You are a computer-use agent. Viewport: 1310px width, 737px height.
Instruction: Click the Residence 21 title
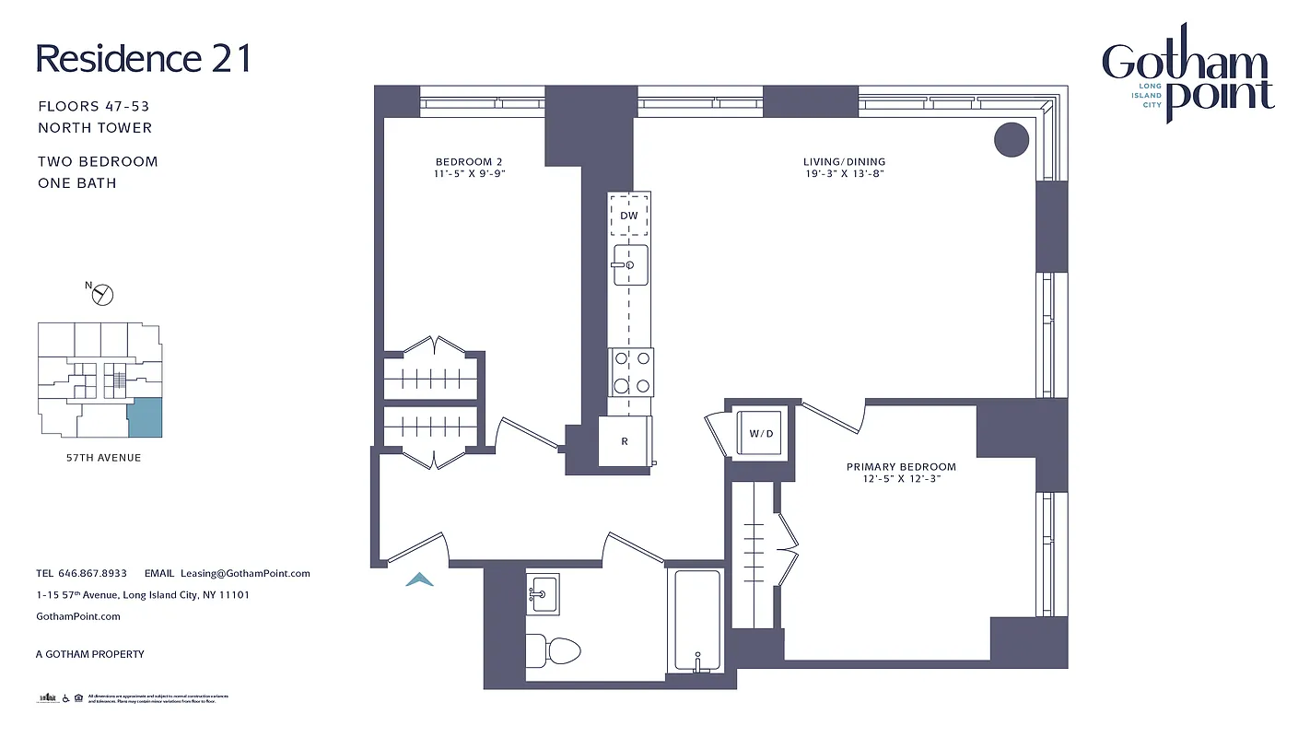pos(143,58)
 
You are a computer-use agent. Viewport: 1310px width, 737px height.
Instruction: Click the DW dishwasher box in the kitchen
pos(629,216)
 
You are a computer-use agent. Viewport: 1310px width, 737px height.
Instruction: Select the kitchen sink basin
pos(631,264)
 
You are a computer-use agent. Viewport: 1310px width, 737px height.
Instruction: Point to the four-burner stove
pos(631,372)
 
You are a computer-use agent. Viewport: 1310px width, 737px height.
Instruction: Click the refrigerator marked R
pos(625,441)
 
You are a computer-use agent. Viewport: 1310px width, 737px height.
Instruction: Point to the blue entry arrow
pos(419,579)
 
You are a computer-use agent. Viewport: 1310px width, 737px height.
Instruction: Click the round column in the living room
pos(1011,139)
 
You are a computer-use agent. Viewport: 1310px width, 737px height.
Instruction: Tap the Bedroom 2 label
pos(469,162)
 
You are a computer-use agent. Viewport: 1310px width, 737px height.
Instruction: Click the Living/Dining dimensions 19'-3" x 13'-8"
pos(844,173)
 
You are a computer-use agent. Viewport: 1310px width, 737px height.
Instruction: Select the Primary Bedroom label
pos(901,467)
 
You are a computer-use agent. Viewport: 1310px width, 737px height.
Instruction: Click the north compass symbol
pos(103,294)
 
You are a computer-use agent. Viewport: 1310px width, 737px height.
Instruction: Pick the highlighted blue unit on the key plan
pos(144,418)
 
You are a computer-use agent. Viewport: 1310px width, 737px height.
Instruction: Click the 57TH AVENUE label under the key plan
pos(96,458)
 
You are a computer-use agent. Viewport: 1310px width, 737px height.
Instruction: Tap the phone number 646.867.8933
pos(93,573)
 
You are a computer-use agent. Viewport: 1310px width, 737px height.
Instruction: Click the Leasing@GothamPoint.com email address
pos(245,573)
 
